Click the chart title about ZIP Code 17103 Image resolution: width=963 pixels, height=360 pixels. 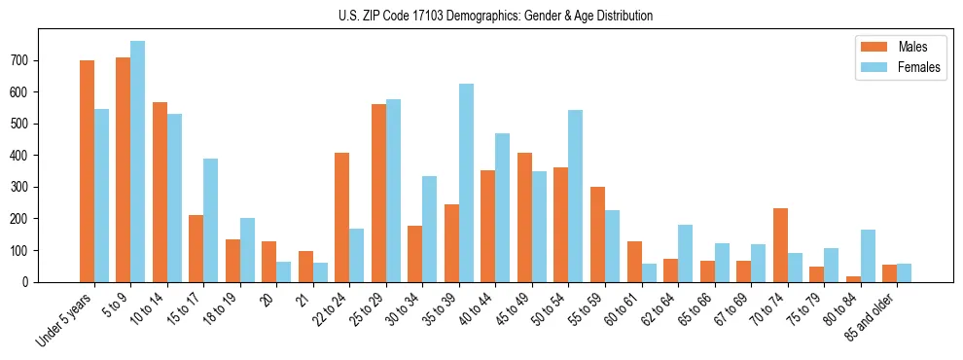click(481, 17)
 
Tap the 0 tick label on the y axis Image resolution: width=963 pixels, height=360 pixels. click(31, 282)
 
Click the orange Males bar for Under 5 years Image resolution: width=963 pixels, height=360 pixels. click(87, 171)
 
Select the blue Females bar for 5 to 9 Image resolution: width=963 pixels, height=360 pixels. click(137, 162)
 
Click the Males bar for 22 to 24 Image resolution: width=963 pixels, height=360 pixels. click(341, 217)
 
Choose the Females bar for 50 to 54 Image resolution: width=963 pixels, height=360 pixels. click(575, 196)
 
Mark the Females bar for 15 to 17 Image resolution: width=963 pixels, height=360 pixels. click(210, 220)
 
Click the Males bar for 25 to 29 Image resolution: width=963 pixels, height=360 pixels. click(378, 193)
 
